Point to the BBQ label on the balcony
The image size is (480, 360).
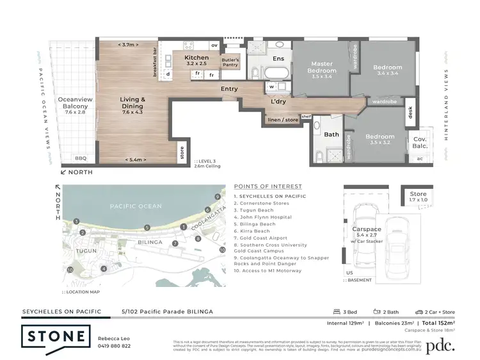click(x=80, y=158)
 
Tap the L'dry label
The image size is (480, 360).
click(x=278, y=101)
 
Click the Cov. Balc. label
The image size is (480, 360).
click(x=420, y=142)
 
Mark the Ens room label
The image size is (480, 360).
click(x=278, y=59)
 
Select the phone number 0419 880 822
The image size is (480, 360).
click(x=114, y=346)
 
